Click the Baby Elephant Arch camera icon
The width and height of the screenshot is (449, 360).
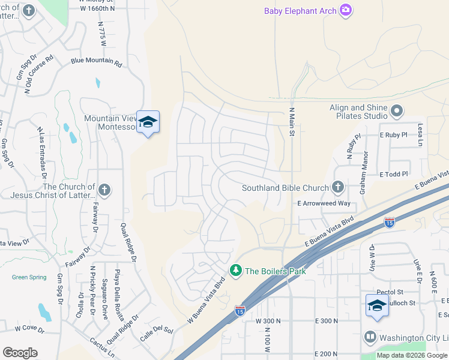point(345,10)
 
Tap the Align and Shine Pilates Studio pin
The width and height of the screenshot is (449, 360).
point(396,111)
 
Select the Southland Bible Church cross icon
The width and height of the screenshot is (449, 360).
point(338,188)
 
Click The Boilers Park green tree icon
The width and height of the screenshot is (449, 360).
point(236,271)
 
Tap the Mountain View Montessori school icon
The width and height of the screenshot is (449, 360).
point(148,122)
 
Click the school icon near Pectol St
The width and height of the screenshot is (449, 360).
point(376,305)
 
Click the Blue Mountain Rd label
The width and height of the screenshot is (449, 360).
point(96,61)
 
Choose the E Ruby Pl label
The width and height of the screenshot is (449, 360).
point(393,136)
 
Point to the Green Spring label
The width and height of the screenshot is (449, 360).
point(29,277)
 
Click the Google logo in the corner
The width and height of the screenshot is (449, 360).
point(20,353)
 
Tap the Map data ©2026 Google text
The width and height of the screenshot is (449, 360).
point(412,355)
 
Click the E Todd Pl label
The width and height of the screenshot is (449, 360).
point(394,174)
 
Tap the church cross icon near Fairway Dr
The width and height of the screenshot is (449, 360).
point(104,191)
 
